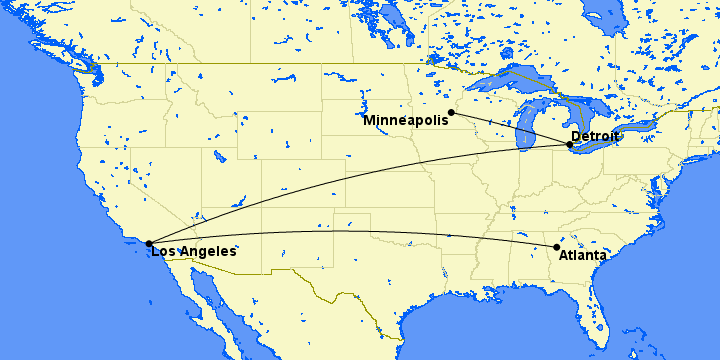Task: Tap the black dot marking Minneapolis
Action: pos(451,112)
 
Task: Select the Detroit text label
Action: pos(596,136)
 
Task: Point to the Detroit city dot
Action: pos(569,145)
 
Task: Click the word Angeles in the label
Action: pos(208,252)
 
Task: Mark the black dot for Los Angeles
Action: pos(148,243)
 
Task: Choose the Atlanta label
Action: pos(583,256)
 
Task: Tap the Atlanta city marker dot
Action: pos(557,247)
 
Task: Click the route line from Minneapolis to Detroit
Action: pos(510,128)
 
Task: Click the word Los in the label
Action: pos(164,252)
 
